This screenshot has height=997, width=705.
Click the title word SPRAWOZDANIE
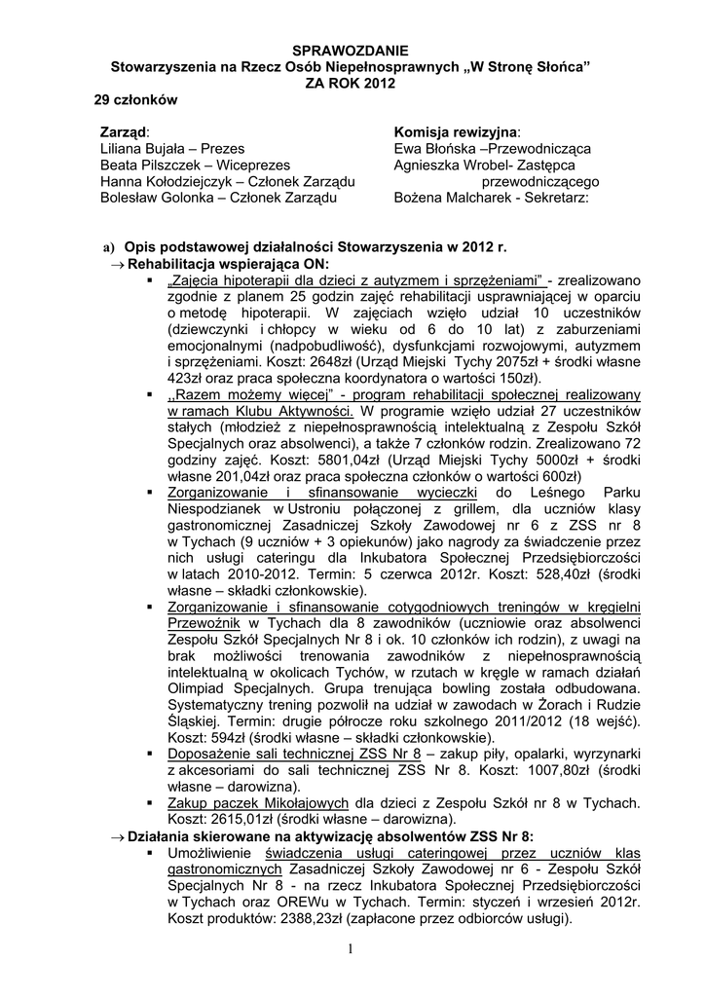coord(352,50)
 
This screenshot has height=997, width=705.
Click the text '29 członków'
coord(135,99)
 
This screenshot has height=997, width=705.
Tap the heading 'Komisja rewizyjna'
coord(457,131)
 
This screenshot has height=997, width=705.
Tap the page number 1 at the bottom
coord(352,949)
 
